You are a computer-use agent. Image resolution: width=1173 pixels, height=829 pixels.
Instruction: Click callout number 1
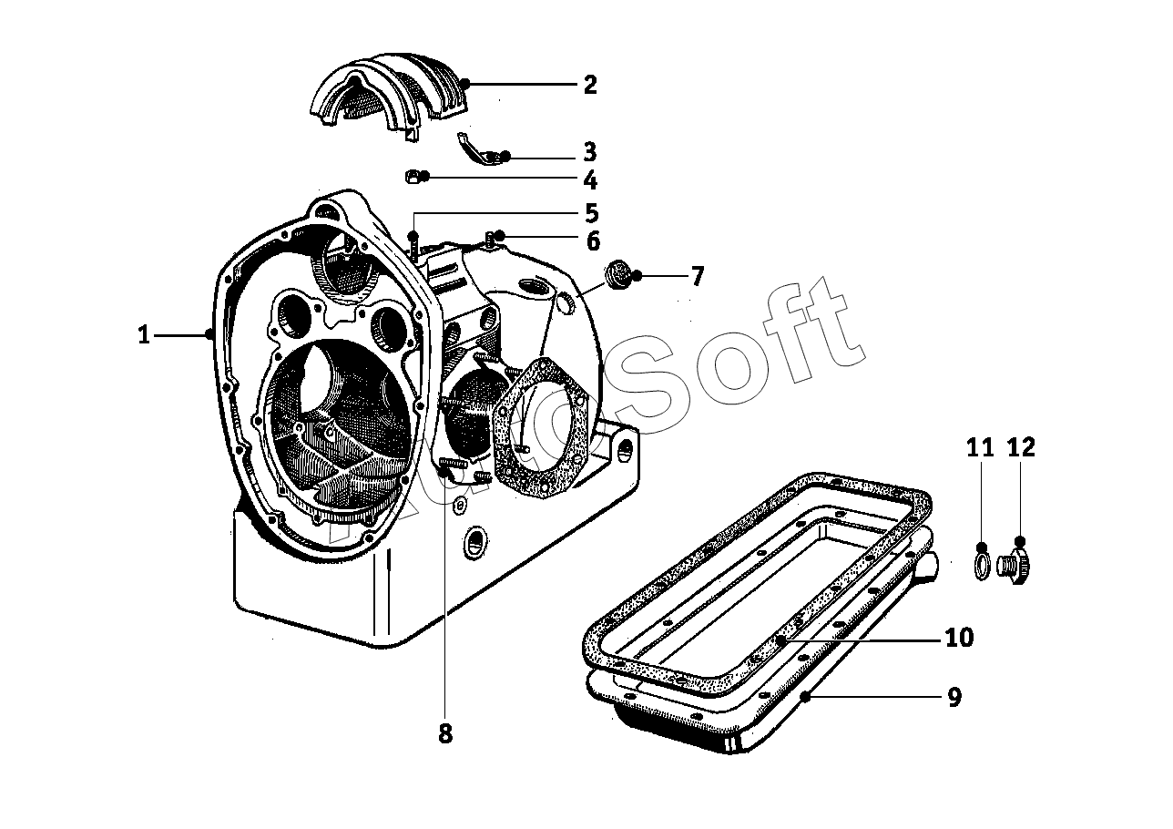pos(144,334)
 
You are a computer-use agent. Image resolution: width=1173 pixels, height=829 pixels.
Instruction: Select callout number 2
pos(590,85)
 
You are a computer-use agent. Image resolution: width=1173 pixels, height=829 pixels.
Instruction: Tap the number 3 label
pos(589,152)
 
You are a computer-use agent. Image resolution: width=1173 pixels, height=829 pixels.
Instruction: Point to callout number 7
pos(696,276)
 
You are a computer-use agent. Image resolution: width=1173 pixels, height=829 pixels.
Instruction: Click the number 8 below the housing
pos(445,733)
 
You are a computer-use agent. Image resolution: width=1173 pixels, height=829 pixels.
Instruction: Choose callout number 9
pos(954,697)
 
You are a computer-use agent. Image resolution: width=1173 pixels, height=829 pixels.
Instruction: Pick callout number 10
pos(959,638)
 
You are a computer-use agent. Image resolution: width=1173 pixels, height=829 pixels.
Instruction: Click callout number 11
pos(980,448)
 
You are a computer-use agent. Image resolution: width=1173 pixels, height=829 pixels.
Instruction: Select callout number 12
pos(1021,448)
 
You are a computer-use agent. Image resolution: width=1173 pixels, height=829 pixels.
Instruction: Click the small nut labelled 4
pos(413,177)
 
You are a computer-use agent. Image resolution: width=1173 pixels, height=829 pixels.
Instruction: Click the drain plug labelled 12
pos(1014,565)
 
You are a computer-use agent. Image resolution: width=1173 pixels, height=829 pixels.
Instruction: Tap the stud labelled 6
pos(490,240)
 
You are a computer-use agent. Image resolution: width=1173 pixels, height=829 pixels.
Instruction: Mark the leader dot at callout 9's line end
pos(806,697)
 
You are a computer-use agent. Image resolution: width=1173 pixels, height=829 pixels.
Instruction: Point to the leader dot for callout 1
pos(209,334)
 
